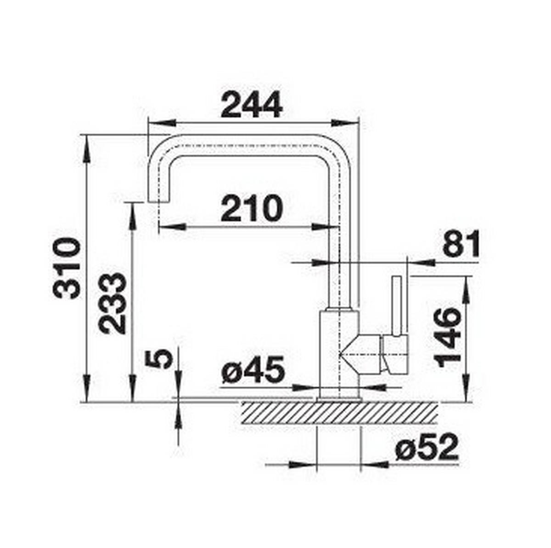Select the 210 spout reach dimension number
[251, 208]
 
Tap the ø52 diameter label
[427, 447]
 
